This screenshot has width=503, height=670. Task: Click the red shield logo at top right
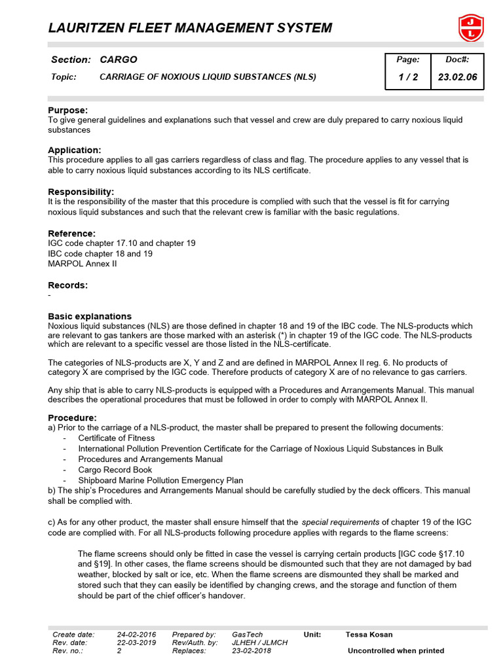[470, 27]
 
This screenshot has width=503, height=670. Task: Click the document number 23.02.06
[457, 77]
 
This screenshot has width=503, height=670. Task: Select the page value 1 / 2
[408, 77]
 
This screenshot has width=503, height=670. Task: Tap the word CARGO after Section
[119, 60]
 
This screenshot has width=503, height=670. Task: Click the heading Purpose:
[68, 111]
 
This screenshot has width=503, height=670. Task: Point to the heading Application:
[75, 150]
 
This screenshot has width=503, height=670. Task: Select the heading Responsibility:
[81, 192]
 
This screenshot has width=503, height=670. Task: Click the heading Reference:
[72, 233]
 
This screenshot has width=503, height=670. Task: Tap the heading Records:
[68, 285]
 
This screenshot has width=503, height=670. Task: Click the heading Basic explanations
[90, 316]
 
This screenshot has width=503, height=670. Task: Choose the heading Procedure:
[73, 417]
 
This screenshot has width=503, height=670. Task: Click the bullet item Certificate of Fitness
[117, 438]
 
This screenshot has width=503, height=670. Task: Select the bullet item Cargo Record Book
[115, 470]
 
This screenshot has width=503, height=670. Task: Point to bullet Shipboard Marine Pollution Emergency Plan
[160, 480]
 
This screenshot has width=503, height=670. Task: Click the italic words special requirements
[340, 523]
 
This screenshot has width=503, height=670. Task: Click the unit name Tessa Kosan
[369, 635]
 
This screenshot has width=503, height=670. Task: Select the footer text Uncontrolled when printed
[396, 651]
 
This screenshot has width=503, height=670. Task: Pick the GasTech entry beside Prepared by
[248, 635]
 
